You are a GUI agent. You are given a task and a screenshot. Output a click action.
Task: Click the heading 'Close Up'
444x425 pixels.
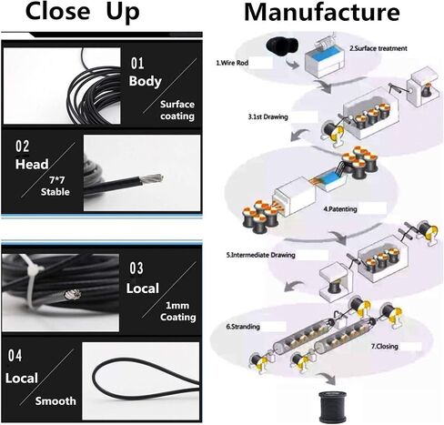[83, 12]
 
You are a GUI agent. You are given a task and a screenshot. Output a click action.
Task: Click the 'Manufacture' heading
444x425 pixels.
[322, 12]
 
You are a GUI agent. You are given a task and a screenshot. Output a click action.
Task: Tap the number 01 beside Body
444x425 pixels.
[137, 64]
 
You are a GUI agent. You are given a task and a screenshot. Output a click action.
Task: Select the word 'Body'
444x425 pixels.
[145, 81]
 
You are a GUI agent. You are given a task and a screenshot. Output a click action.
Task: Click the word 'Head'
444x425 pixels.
[32, 164]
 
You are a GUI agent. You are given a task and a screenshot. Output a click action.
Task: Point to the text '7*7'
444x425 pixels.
[57, 180]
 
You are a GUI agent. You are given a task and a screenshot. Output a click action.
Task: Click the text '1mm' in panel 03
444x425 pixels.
[177, 305]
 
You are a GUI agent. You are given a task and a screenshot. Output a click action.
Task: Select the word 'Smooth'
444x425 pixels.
[55, 401]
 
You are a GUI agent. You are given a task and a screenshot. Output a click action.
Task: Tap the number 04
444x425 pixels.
[15, 356]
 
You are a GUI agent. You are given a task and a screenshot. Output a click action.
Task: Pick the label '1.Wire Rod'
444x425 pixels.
[232, 63]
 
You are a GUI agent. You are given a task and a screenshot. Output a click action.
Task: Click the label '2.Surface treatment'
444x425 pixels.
[378, 48]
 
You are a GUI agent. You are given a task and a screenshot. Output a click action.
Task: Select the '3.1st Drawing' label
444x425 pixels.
[267, 116]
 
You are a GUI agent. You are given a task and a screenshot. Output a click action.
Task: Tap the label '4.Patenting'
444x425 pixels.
[340, 209]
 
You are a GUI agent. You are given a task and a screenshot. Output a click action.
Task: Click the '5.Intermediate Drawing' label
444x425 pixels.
[260, 255]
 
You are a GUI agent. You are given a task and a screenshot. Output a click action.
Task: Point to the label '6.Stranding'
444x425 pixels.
[243, 327]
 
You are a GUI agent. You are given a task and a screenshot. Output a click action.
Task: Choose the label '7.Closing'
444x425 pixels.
[385, 346]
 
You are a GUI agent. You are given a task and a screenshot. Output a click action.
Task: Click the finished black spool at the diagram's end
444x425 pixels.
[332, 407]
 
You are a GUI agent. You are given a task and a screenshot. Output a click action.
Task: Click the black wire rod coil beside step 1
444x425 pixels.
[281, 47]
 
